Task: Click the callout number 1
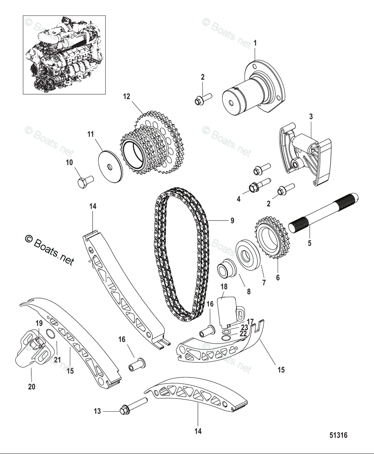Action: [255, 44]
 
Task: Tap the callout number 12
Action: [126, 96]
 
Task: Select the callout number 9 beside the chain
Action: [232, 220]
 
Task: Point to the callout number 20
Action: [31, 386]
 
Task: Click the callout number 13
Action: [98, 411]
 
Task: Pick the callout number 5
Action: [309, 243]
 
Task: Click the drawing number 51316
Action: [338, 435]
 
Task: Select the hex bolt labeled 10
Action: [84, 182]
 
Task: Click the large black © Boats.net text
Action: [49, 250]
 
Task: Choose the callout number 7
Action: [264, 282]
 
